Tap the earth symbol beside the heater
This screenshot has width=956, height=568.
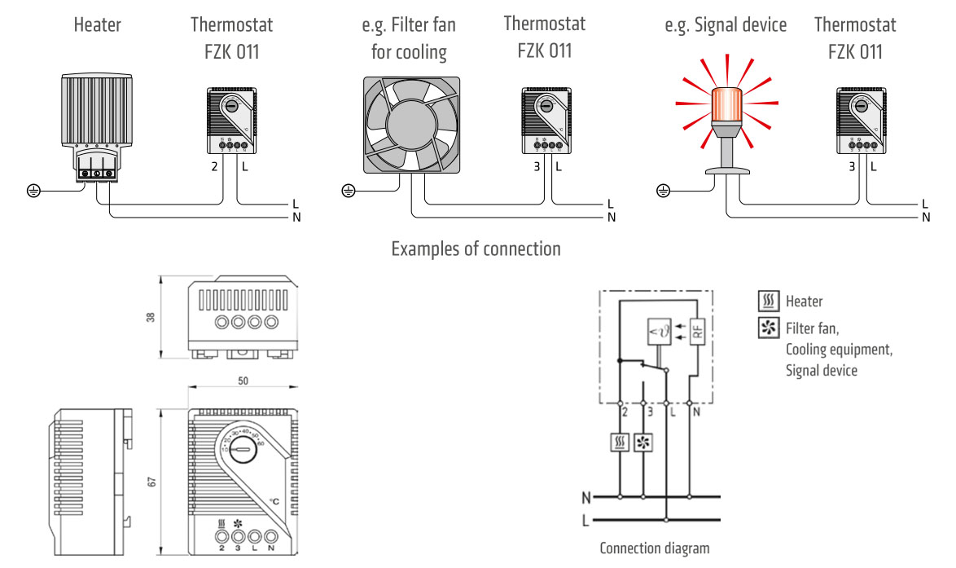click(x=33, y=192)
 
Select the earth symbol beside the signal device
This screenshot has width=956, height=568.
click(x=663, y=192)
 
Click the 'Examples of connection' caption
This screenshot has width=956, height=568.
click(x=476, y=249)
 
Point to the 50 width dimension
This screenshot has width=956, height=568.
click(x=243, y=381)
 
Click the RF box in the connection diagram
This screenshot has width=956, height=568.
click(x=697, y=332)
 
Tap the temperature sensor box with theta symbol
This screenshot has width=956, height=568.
click(x=659, y=332)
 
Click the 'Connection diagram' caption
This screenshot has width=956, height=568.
click(x=654, y=548)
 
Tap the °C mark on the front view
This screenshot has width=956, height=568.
click(x=275, y=501)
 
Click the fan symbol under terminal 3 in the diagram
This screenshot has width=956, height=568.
click(x=643, y=443)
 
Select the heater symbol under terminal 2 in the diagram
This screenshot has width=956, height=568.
click(x=621, y=443)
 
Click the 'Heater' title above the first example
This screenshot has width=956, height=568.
click(x=97, y=25)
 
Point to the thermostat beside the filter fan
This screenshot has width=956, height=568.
click(x=544, y=122)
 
